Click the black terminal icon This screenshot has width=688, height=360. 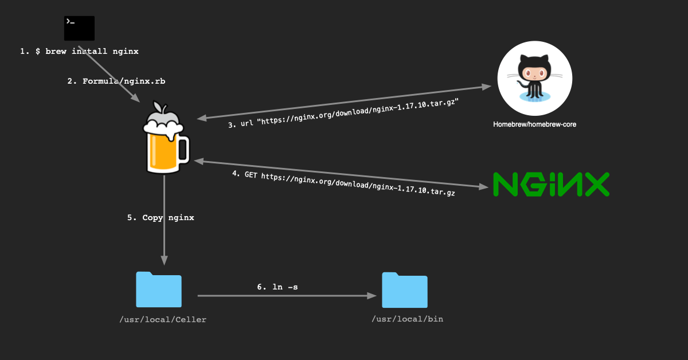point(79,28)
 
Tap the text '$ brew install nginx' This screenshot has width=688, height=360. point(87,52)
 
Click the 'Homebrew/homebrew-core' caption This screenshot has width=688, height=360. point(534,124)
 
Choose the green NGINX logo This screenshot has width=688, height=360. point(551,184)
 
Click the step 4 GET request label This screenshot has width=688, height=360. point(343,183)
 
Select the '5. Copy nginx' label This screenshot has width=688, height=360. point(161,218)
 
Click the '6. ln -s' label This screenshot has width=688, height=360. point(277,287)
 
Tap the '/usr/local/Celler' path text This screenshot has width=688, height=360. point(162,320)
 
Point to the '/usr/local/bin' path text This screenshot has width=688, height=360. point(407,319)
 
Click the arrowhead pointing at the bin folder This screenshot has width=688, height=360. point(372,296)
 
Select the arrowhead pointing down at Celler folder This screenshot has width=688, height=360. point(165,260)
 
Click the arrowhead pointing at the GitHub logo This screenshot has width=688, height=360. point(487,87)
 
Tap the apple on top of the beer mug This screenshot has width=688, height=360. point(163,108)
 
